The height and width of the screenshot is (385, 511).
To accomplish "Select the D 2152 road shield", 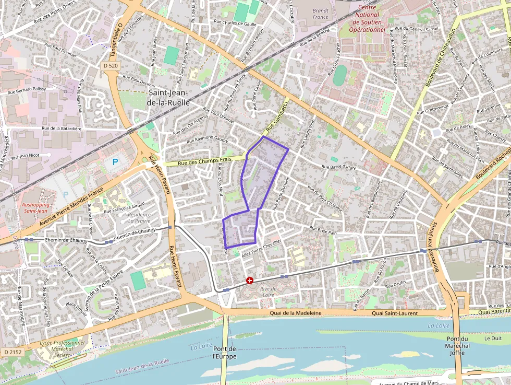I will (x=13, y=352).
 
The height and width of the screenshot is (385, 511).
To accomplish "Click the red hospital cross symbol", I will (x=250, y=281).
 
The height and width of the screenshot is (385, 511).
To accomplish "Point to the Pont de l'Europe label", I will (x=225, y=353).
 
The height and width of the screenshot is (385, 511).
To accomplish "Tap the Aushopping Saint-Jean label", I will (x=37, y=207).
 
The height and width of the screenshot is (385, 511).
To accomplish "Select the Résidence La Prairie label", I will (x=139, y=217).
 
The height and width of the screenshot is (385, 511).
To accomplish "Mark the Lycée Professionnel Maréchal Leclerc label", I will (x=62, y=349).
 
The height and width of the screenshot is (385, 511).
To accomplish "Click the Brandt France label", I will (x=321, y=14).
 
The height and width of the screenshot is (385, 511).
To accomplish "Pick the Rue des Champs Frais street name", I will (x=204, y=162).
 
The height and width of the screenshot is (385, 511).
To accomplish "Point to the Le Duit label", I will (x=493, y=338).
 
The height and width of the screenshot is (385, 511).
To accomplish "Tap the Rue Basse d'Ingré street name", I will (x=339, y=167).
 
